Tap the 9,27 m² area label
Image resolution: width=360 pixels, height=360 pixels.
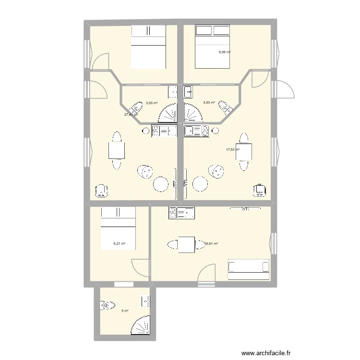tap(119, 244)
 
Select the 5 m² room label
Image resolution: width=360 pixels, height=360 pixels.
tap(125, 311)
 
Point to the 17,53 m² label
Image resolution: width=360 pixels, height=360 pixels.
tap(232, 150)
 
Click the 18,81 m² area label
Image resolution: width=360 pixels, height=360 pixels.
tap(211, 244)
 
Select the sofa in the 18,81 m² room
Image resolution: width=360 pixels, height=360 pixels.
tap(248, 269)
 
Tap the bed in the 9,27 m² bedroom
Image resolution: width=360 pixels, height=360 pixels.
tap(118, 228)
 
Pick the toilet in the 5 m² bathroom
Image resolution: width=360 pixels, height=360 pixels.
tap(108, 305)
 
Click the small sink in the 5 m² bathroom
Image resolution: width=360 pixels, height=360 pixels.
tap(145, 301)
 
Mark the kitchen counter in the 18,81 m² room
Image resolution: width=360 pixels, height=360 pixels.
tap(181, 213)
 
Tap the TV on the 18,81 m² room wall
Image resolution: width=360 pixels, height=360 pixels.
tap(245, 208)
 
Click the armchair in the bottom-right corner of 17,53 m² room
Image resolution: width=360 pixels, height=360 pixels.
tap(260, 191)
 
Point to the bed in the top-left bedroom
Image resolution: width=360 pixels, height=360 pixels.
tap(148, 47)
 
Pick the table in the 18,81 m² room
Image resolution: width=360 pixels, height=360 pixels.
tap(186, 244)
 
